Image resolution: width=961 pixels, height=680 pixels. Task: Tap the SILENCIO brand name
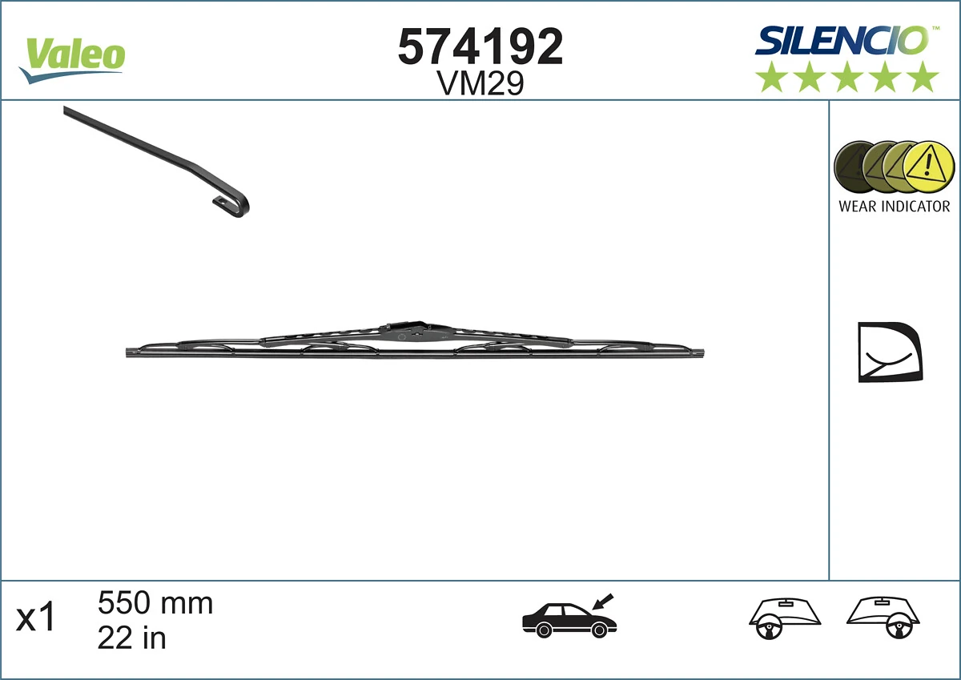pyautogui.click(x=842, y=40)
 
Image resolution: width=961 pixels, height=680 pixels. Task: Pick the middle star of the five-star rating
pyautogui.click(x=847, y=78)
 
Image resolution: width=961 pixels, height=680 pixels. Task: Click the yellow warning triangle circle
pyautogui.click(x=929, y=167)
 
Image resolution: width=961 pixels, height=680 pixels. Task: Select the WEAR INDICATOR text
pyautogui.click(x=894, y=206)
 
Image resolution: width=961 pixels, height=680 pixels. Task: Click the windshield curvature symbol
pyautogui.click(x=888, y=352)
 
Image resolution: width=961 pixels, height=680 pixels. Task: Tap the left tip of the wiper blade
pyautogui.click(x=131, y=352)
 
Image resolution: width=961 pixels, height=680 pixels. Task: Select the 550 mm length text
pyautogui.click(x=155, y=603)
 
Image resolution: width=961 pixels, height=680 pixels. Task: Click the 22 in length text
pyautogui.click(x=131, y=638)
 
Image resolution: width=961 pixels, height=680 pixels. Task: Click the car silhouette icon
pyautogui.click(x=565, y=619)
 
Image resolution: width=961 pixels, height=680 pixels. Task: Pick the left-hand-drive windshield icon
pyautogui.click(x=786, y=618)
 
